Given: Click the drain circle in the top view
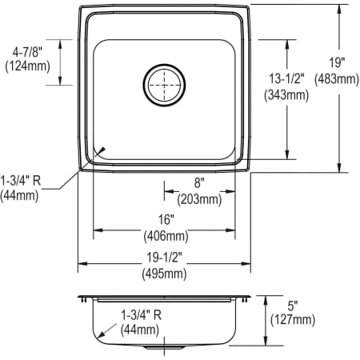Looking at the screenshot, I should pyautogui.click(x=164, y=82).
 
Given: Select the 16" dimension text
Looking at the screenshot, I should pyautogui.click(x=165, y=222).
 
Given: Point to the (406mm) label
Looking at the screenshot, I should pyautogui.click(x=165, y=236).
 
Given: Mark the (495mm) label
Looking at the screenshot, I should pyautogui.click(x=164, y=274).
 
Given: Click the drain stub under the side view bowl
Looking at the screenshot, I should pyautogui.click(x=165, y=349).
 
